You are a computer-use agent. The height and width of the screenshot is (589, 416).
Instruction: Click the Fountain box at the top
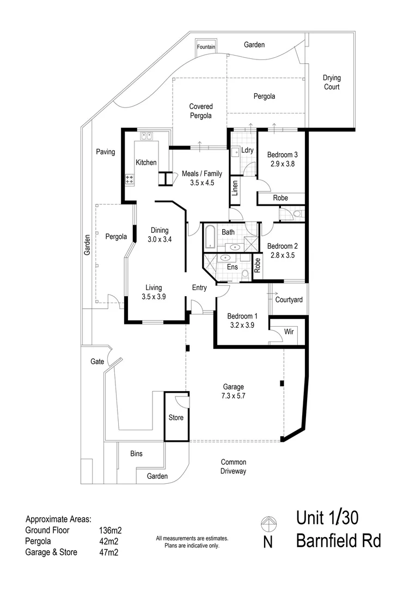pos(206,47)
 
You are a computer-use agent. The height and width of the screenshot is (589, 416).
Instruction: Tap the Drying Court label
pos(332,82)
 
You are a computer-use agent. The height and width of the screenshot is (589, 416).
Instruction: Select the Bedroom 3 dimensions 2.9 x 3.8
pos(282,163)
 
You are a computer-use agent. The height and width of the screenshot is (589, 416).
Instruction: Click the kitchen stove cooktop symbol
pos(130,178)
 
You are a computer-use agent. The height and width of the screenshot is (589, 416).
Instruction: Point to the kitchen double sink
pos(146,136)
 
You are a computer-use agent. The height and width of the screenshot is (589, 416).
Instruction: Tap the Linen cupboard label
pos(235,188)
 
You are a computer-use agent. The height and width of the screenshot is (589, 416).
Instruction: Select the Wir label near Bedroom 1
pos(289,332)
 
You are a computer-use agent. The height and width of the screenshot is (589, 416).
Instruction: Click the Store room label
pos(176,418)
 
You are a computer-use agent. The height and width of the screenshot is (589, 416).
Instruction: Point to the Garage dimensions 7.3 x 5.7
pos(233,396)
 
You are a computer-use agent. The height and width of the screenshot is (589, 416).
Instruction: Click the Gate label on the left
pos(97,362)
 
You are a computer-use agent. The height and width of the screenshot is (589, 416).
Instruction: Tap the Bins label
pos(136,453)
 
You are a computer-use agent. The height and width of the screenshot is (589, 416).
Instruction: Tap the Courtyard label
pos(289,300)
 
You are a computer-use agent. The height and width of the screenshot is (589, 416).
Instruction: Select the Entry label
pos(199,287)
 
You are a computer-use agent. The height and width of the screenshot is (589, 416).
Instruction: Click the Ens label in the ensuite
pos(232,267)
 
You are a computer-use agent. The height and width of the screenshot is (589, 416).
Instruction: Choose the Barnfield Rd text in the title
pos(338,541)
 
